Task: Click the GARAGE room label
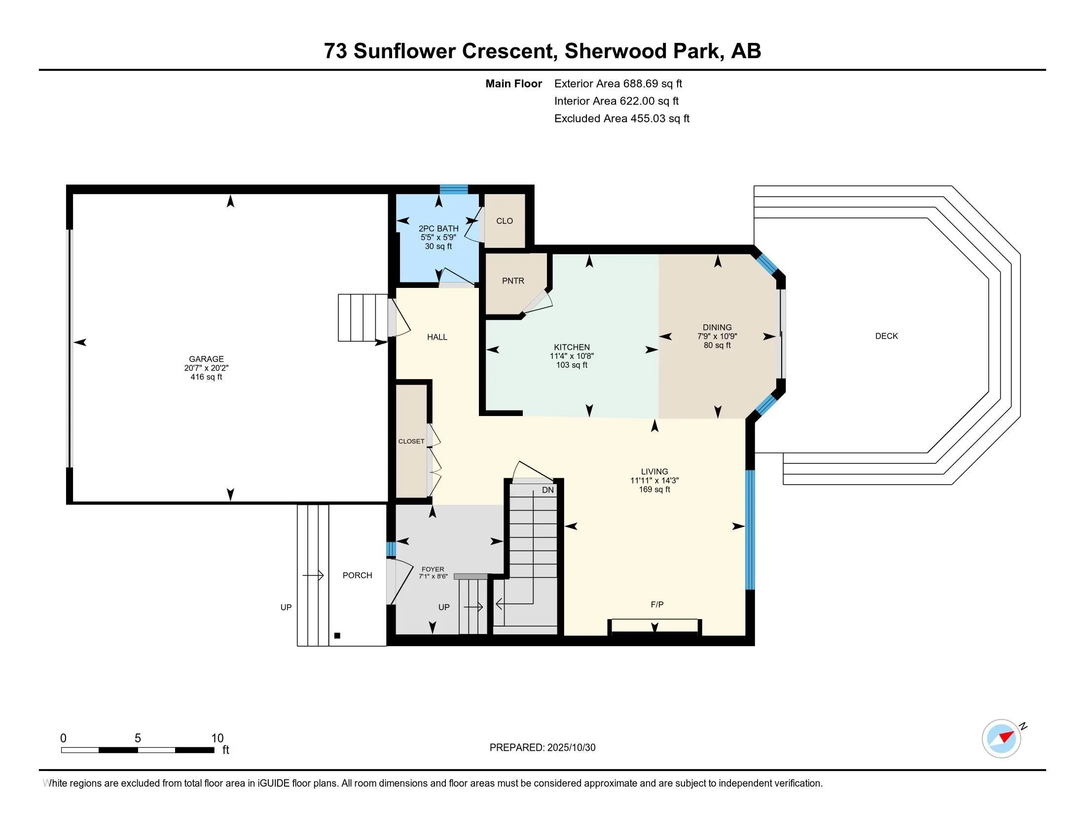coord(206,358)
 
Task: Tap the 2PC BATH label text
coord(438,228)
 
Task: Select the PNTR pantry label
coord(513,281)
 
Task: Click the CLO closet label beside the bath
coord(504,221)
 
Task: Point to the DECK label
coord(886,336)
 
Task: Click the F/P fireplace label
coord(657,604)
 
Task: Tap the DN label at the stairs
coord(547,490)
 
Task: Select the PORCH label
coord(357,575)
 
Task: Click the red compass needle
coord(1007,736)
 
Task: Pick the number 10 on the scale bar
coord(217,738)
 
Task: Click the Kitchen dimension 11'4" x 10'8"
coord(571,356)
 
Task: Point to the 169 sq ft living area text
coord(654,489)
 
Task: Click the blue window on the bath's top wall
coord(454,189)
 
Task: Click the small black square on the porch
coord(337,635)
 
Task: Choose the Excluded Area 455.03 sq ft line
coord(621,119)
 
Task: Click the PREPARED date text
coord(542,748)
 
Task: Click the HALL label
coord(437,337)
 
